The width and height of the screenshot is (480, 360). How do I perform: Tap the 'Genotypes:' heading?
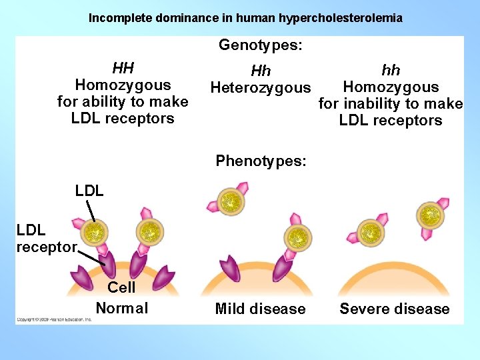point(261,45)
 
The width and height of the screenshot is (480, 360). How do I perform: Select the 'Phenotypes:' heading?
point(261,161)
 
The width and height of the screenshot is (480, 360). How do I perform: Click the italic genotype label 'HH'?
point(123,68)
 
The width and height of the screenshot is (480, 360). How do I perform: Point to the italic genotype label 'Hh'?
point(261,71)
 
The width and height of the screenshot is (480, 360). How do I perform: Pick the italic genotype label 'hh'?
point(391,70)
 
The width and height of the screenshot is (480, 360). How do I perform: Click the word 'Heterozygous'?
point(261,87)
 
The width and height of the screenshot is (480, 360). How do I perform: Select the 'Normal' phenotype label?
point(122,308)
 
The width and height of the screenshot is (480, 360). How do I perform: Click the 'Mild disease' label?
point(261,309)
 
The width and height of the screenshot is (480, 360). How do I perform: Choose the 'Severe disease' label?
point(395,309)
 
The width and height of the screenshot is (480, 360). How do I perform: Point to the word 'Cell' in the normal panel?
point(121,287)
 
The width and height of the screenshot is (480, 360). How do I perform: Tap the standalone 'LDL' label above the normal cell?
point(89,191)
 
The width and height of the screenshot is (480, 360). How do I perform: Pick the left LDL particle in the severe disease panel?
point(367,233)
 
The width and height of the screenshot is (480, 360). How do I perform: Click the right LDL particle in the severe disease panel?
point(430,215)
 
